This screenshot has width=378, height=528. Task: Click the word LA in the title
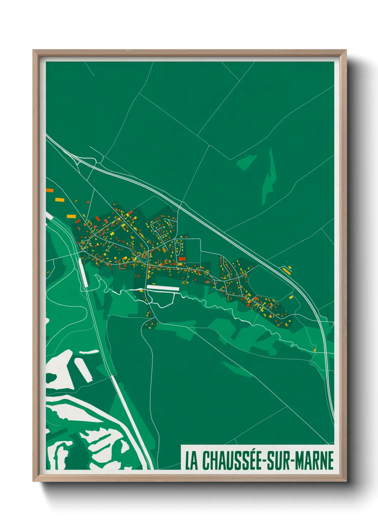192,461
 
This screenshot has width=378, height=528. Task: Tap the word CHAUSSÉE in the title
232,460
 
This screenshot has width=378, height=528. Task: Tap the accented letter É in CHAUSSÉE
258,460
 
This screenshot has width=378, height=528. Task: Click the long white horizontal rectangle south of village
163,287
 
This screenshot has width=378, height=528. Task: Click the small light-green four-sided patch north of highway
247,162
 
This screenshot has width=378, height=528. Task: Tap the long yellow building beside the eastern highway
287,271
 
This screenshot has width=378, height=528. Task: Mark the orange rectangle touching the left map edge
49,191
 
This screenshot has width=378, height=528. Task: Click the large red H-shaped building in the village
183,258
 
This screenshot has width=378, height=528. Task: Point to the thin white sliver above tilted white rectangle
89,352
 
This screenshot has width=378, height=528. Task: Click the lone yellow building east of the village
291,297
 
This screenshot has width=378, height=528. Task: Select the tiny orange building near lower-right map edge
315,350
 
